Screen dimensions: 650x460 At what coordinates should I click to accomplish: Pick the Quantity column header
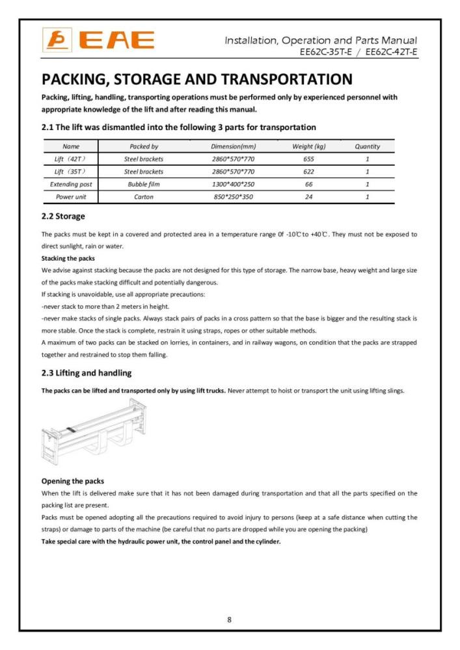(367, 147)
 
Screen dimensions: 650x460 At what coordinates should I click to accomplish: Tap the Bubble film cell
(144, 185)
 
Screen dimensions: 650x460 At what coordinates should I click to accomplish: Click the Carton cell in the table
(144, 197)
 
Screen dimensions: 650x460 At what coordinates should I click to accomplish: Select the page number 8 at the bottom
(229, 619)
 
